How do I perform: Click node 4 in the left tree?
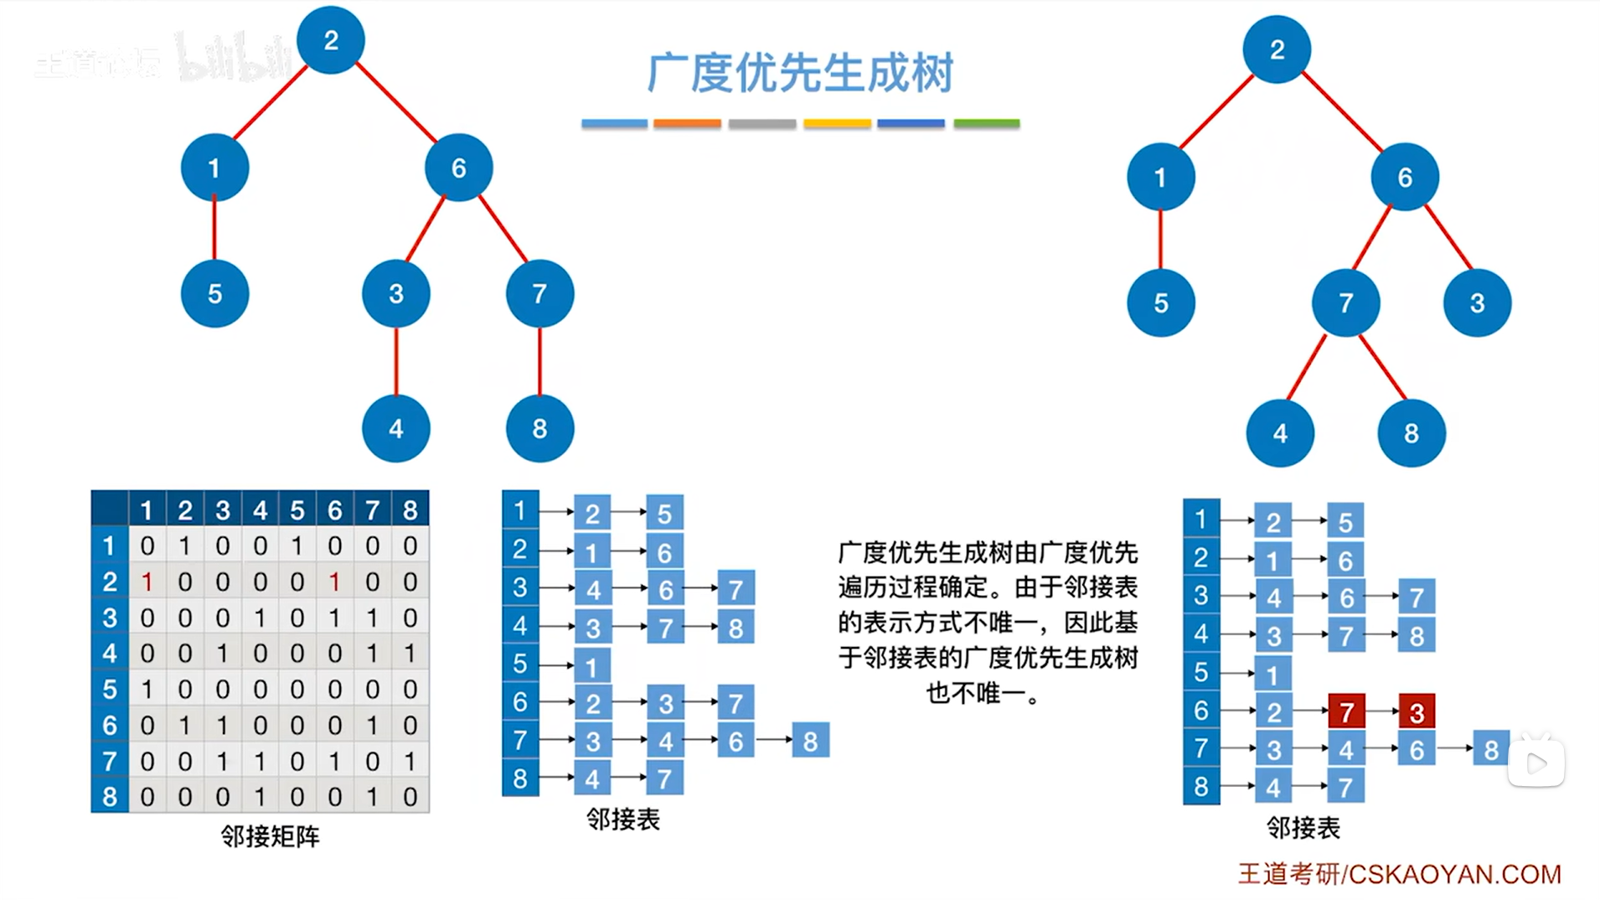[x=395, y=428]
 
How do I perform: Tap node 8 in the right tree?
[x=1411, y=433]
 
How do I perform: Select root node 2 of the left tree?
[x=331, y=40]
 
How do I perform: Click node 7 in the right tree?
[x=1345, y=303]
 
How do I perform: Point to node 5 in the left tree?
[x=214, y=293]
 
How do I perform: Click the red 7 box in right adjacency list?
[x=1346, y=711]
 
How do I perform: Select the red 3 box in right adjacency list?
[x=1417, y=711]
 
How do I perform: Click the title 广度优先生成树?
[x=800, y=73]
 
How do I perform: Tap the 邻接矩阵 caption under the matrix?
[x=270, y=835]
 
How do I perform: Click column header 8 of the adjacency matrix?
[x=410, y=509]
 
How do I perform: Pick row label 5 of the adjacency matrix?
[x=110, y=689]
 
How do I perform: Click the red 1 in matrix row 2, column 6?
[x=334, y=582]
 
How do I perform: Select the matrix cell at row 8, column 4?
[x=260, y=796]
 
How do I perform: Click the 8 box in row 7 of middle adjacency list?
[x=810, y=741]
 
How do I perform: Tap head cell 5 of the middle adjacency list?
[x=519, y=664]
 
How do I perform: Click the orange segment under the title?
[x=687, y=123]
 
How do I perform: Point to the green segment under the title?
[x=986, y=123]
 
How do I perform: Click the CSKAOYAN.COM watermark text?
[x=1454, y=874]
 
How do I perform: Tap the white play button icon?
[x=1535, y=763]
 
